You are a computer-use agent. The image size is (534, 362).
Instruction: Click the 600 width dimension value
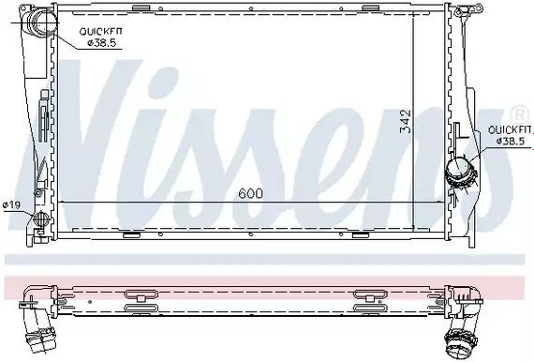[251, 193]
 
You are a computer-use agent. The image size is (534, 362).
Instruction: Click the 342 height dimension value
[406, 121]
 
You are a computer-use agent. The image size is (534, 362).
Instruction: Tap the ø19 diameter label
[11, 204]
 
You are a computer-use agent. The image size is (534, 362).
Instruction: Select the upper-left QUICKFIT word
[100, 32]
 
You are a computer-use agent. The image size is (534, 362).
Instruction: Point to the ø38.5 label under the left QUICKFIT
[102, 43]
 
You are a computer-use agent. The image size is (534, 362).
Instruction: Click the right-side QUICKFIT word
[510, 129]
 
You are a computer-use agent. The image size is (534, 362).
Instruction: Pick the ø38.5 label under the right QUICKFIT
[511, 141]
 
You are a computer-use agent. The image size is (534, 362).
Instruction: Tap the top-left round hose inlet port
[41, 21]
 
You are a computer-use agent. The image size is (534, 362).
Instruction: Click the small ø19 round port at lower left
[41, 219]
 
